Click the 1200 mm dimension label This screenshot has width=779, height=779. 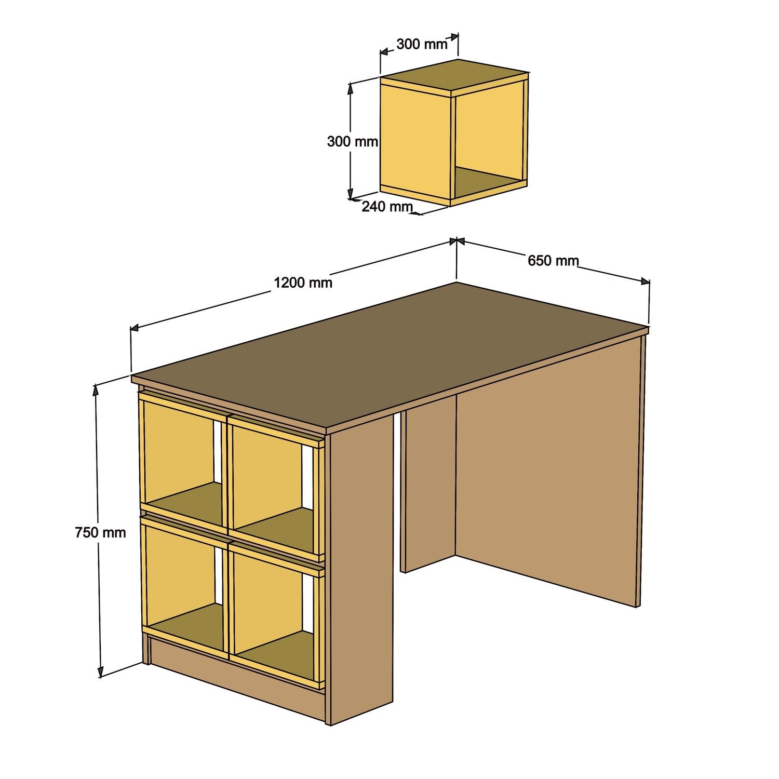[x=303, y=283]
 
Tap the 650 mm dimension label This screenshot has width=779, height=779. [x=553, y=261]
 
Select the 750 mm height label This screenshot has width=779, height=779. [x=100, y=532]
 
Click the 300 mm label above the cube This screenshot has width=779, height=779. [x=422, y=45]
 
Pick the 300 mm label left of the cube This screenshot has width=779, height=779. [x=352, y=141]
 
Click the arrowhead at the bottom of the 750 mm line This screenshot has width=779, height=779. [x=100, y=674]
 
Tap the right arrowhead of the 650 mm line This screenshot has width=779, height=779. [x=646, y=281]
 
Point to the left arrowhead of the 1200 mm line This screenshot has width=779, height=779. [x=134, y=328]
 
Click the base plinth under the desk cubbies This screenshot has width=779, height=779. [x=234, y=675]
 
